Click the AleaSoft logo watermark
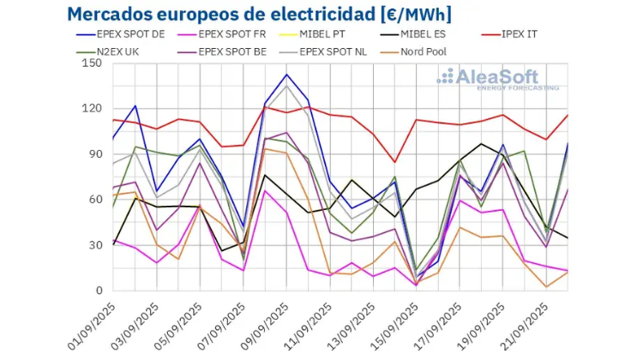click(499, 78)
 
